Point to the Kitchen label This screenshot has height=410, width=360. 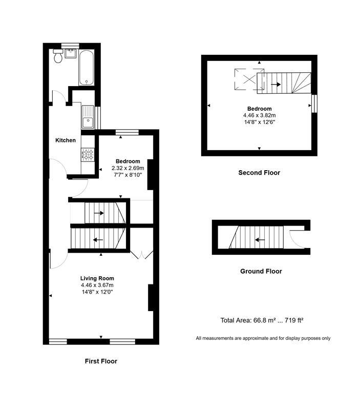(66, 140)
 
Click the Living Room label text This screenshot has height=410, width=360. (97, 278)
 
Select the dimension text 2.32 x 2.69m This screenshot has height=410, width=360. (128, 168)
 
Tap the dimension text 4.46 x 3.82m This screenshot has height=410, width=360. (259, 116)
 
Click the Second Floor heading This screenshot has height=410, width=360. (259, 173)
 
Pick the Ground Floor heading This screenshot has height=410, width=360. (261, 271)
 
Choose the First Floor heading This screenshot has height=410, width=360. (101, 361)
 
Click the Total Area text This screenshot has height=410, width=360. (262, 320)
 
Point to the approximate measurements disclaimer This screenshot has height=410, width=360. (263, 338)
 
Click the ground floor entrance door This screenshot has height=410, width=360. (295, 237)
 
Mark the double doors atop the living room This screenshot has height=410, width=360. (142, 255)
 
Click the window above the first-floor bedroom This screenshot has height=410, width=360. (126, 132)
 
